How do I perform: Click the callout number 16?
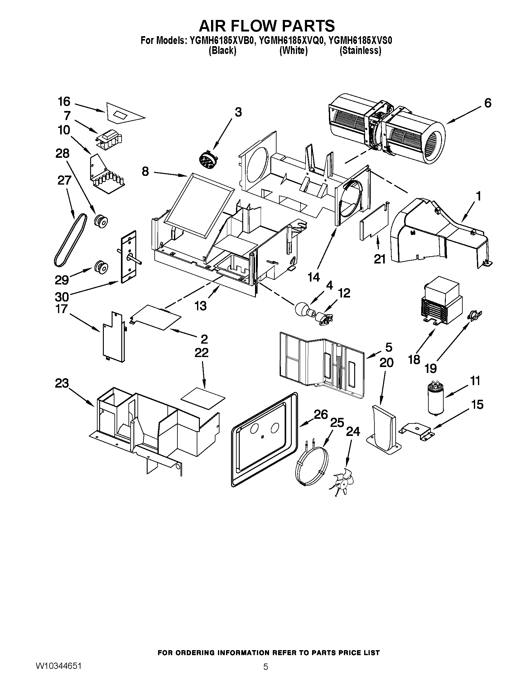[64, 102]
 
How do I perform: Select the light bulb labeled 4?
[302, 309]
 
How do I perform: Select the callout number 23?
[62, 384]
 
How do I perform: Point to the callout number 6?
[488, 103]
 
